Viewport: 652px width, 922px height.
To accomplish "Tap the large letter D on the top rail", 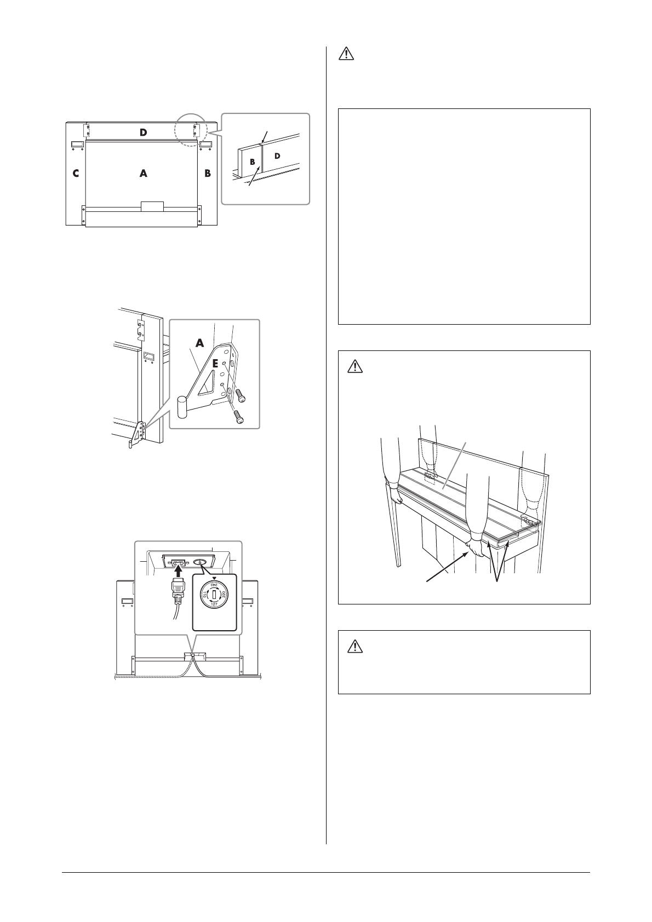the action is pos(143,132).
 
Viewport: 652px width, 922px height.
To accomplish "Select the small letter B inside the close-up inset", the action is pos(253,162).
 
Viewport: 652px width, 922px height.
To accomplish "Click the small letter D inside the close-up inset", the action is pos(277,157).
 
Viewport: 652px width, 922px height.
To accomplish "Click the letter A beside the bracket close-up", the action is pos(200,343).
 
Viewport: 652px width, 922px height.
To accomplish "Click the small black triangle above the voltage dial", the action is pos(214,578).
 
